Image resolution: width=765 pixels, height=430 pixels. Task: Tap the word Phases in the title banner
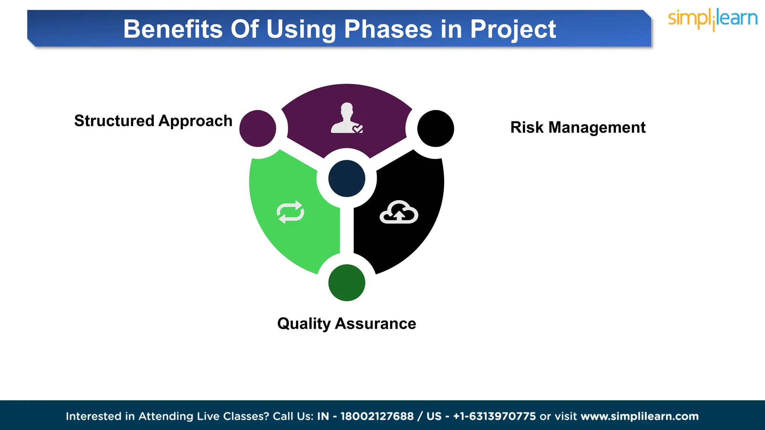(x=388, y=29)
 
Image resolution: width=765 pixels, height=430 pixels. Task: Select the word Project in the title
(x=513, y=30)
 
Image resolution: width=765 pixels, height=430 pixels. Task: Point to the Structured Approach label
(x=153, y=121)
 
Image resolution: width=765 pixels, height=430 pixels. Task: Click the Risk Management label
(x=578, y=128)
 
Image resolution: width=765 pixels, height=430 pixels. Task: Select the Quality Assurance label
(x=346, y=324)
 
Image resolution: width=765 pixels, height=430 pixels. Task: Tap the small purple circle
(x=258, y=128)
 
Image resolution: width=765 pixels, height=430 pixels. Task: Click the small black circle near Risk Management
(x=436, y=128)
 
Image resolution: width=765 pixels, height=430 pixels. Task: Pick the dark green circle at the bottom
(x=347, y=283)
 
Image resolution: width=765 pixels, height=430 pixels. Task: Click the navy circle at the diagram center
(x=347, y=178)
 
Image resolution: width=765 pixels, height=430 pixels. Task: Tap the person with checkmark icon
(x=347, y=118)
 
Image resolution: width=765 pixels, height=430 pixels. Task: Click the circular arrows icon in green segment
(x=290, y=212)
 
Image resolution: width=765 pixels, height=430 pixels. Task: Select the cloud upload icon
(x=399, y=212)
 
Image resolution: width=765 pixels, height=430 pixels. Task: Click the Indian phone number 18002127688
(x=377, y=416)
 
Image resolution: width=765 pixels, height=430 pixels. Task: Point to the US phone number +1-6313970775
(x=494, y=416)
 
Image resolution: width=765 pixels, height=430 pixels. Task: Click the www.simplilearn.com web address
(x=639, y=416)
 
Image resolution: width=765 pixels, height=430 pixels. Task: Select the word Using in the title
(x=301, y=30)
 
